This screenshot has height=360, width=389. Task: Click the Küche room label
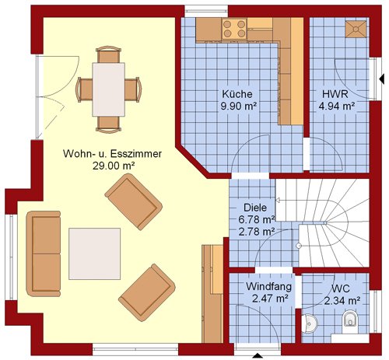(237, 93)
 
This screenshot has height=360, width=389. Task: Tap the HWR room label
(335, 93)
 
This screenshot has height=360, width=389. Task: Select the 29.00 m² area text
(114, 166)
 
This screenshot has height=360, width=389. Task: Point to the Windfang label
(268, 286)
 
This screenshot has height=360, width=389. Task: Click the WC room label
(341, 288)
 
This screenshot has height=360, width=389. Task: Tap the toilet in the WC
(349, 321)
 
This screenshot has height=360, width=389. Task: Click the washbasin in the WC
(310, 323)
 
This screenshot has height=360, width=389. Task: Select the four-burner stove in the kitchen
(234, 29)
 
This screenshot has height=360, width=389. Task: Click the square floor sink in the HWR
(356, 29)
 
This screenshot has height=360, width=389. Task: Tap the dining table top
(109, 89)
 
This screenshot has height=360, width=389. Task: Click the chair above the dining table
(109, 54)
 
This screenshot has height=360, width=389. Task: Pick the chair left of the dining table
(84, 89)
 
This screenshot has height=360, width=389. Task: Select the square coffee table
(94, 253)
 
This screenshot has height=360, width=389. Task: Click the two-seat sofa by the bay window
(44, 253)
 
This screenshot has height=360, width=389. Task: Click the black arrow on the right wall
(381, 79)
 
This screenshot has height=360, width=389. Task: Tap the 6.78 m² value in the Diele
(256, 219)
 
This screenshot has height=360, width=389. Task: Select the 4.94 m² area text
(337, 106)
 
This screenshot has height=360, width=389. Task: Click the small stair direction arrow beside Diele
(277, 200)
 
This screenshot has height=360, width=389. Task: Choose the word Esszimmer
(136, 154)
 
